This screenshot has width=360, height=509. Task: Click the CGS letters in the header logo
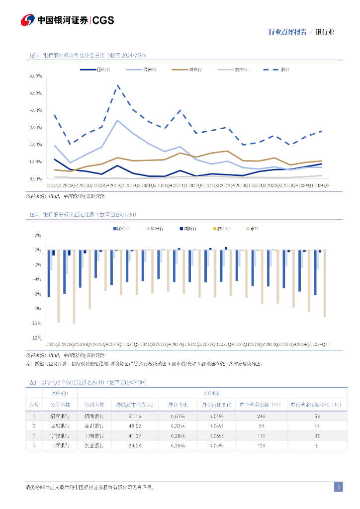[103, 20]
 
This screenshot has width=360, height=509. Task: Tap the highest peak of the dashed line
[117, 85]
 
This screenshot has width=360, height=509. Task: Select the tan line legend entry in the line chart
[184, 70]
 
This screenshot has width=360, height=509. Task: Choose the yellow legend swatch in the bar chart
[214, 228]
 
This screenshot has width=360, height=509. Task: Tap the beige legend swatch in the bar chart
[249, 228]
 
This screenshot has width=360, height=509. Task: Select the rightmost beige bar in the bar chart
[325, 283]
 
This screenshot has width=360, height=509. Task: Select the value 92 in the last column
[316, 436]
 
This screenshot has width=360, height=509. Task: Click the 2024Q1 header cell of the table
[61, 393]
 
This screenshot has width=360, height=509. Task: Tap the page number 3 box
[338, 487]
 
